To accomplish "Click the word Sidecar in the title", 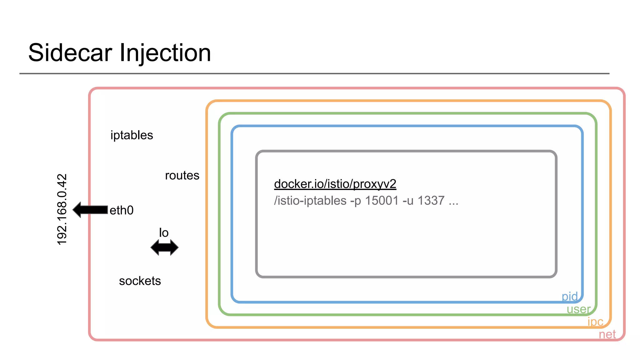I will [70, 53].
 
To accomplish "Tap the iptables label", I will [132, 135].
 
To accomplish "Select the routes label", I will [182, 176].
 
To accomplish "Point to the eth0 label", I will [122, 210].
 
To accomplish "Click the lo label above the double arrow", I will [164, 233].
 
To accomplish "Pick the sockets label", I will [140, 281].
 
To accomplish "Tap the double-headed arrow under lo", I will [164, 248].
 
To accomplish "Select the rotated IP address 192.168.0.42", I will [62, 209].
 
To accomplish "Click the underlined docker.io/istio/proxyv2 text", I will [335, 184].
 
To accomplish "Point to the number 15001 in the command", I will [382, 201].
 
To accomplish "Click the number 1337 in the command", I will [431, 201].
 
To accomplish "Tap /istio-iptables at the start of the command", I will [310, 201].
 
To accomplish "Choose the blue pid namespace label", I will [569, 296].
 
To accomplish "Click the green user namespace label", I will [578, 309].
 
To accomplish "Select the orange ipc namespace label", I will [595, 322].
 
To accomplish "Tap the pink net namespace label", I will [607, 334].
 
